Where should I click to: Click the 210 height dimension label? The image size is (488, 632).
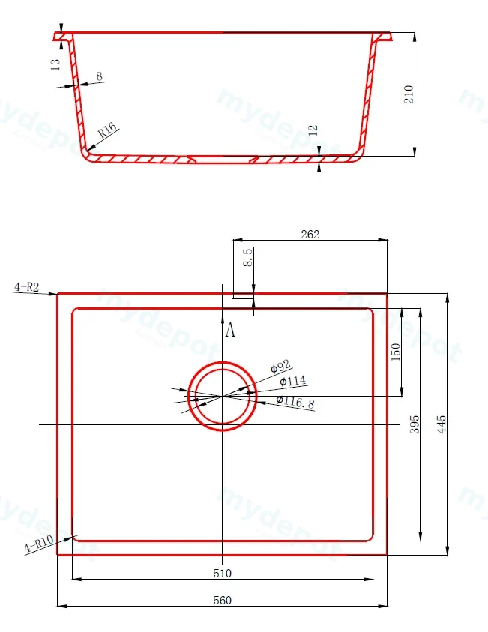click(x=409, y=94)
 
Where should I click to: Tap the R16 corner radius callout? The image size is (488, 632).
click(x=107, y=130)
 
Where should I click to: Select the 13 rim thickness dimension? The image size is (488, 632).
click(x=55, y=64)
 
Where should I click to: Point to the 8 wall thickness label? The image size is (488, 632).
click(x=99, y=76)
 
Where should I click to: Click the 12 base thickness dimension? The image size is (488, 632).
click(x=313, y=130)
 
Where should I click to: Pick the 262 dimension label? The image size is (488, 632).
click(x=310, y=234)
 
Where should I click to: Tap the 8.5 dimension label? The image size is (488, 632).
click(x=247, y=257)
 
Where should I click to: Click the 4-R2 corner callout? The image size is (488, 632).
click(x=26, y=287)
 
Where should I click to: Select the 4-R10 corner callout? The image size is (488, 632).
click(x=39, y=544)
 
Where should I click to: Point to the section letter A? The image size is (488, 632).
click(x=230, y=330)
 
